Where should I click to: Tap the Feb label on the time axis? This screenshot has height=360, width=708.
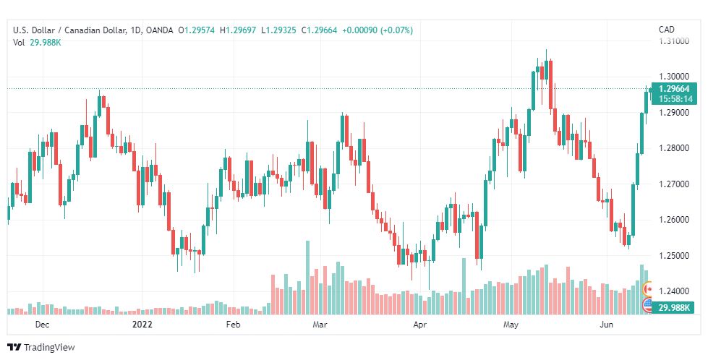232,326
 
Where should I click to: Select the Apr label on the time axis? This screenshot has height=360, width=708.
419,326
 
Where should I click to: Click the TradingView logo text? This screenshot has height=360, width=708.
49,348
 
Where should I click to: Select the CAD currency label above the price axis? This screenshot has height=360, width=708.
666,30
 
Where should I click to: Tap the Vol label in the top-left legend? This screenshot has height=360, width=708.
19,43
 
